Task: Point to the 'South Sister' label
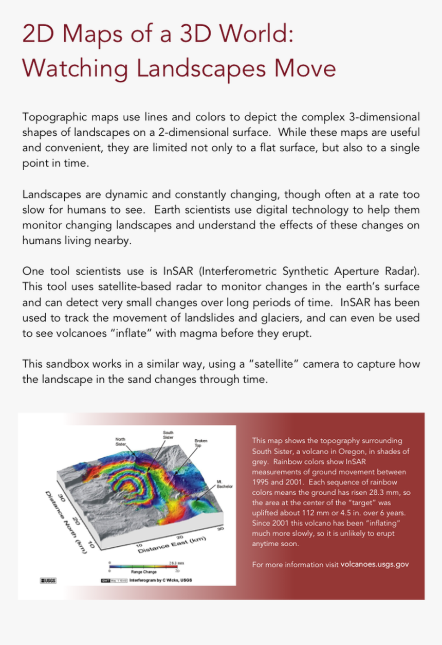168,435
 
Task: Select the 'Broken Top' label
200,443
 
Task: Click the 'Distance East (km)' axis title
171,545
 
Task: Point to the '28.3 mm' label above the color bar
176,562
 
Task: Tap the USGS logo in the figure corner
48,581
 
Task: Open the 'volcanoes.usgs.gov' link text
375,564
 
